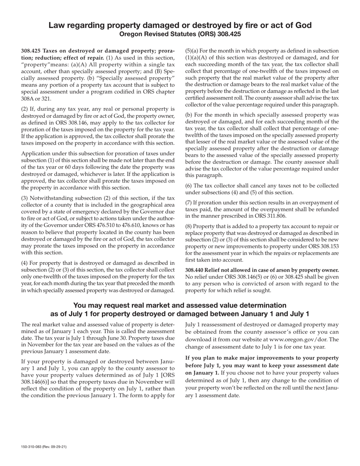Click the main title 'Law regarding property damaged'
180,25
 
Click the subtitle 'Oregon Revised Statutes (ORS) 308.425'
180,34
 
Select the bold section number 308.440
196,270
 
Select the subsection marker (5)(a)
192,51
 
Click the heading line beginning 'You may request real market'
180,305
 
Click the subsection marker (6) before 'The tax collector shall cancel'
188,186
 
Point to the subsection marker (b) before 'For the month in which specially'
188,115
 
